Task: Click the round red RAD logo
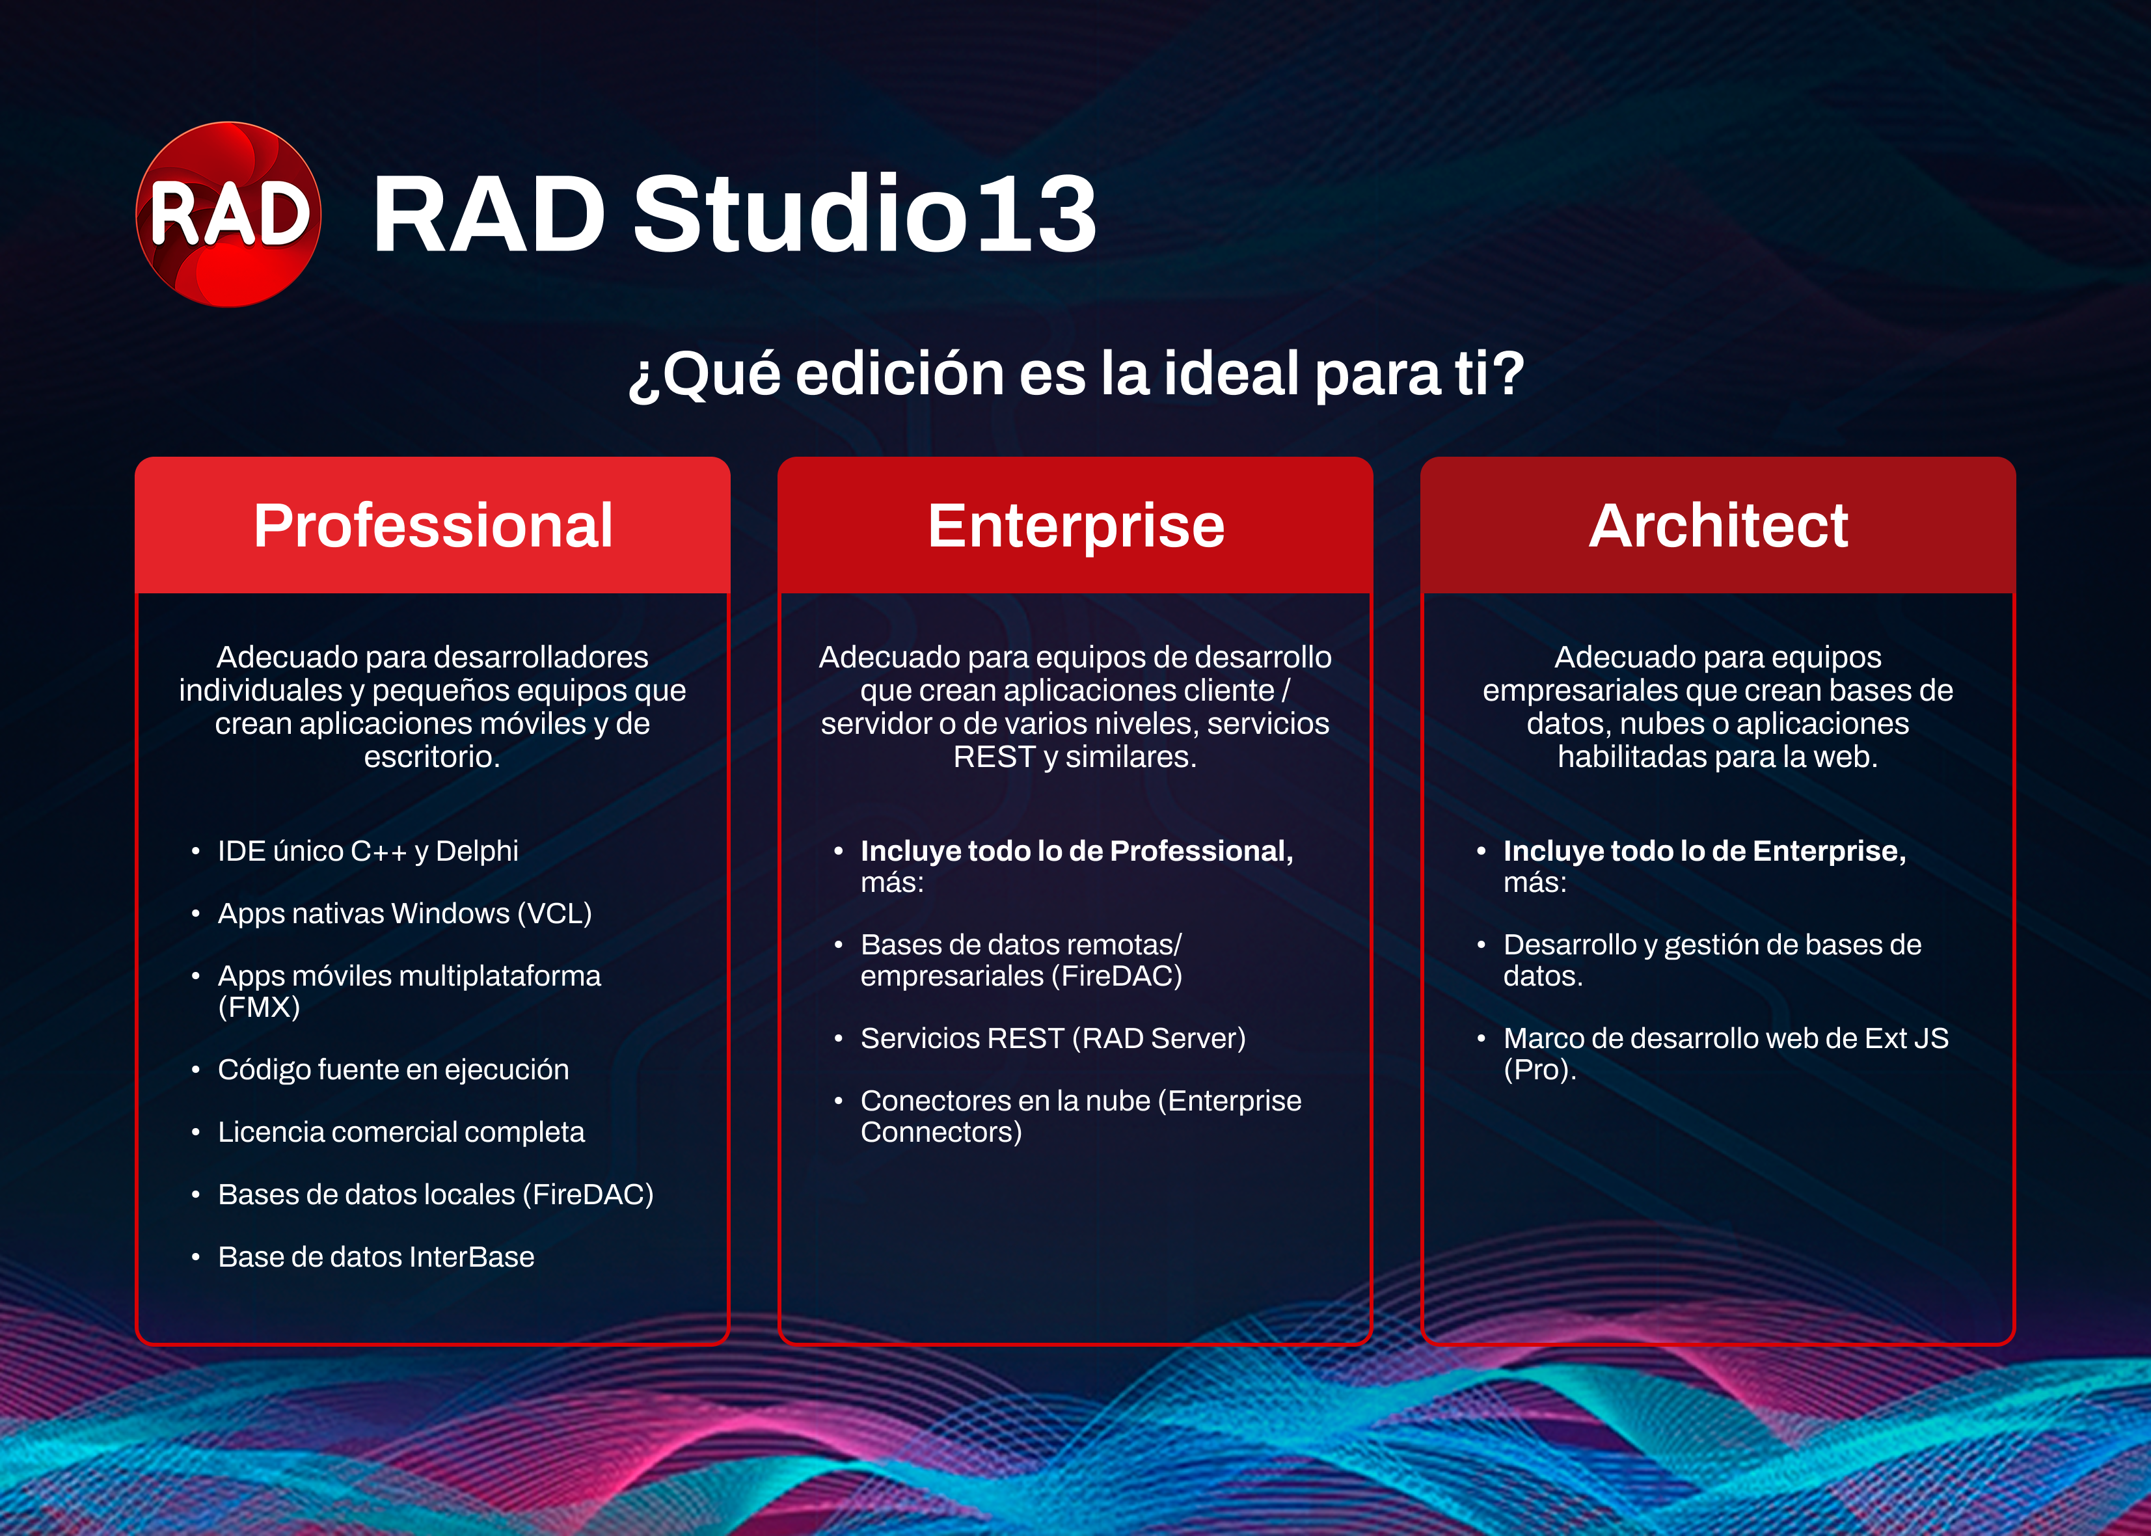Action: click(229, 215)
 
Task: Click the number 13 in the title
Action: click(1036, 215)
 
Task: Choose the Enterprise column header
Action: click(1075, 526)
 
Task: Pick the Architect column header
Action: click(1718, 525)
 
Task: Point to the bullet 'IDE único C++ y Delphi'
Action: click(368, 851)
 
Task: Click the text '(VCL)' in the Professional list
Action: click(554, 913)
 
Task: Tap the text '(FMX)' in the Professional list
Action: click(259, 1006)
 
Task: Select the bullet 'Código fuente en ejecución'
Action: click(394, 1070)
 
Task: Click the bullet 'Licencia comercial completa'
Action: click(401, 1132)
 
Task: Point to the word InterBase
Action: click(472, 1257)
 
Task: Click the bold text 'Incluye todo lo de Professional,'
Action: click(1076, 851)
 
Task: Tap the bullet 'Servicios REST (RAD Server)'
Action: click(1053, 1038)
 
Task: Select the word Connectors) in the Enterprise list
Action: click(941, 1132)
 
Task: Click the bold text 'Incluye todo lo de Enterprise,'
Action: click(1705, 851)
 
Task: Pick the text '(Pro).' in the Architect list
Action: click(1540, 1070)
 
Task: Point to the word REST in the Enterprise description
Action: click(994, 757)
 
